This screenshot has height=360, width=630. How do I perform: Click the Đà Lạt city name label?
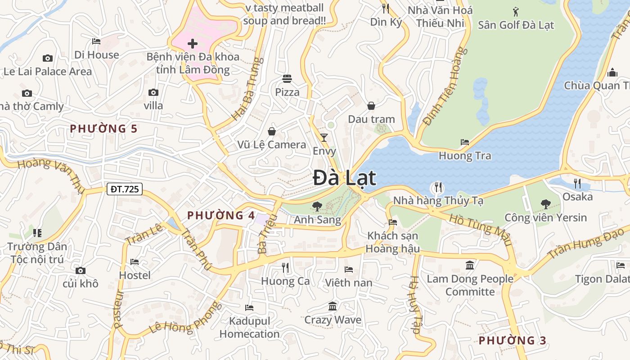(x=344, y=178)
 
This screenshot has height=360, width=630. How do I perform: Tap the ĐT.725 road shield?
(x=125, y=189)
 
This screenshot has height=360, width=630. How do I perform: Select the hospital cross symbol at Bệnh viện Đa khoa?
(x=193, y=44)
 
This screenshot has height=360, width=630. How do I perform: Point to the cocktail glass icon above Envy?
(x=324, y=137)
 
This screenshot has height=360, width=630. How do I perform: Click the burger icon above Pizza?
(x=287, y=79)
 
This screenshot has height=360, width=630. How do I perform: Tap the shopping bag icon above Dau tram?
(x=371, y=106)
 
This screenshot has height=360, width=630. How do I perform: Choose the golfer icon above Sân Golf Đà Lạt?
(x=516, y=11)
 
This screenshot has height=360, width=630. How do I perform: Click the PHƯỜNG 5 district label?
(x=103, y=129)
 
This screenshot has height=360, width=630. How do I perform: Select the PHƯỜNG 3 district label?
(x=512, y=340)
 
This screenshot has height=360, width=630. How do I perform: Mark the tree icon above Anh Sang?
(x=317, y=207)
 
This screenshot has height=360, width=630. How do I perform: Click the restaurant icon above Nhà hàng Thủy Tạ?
(x=438, y=187)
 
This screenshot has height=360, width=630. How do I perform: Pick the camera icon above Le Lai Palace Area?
(x=47, y=58)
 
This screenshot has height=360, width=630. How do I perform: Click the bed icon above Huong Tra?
(x=465, y=142)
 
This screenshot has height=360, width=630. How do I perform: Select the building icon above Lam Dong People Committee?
(x=470, y=265)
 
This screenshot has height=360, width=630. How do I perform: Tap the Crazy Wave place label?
(x=333, y=320)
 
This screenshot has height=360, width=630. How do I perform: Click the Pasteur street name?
(x=118, y=309)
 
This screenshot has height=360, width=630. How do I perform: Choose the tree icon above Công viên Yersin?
(x=545, y=204)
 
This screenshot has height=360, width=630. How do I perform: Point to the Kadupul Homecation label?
(x=250, y=328)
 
